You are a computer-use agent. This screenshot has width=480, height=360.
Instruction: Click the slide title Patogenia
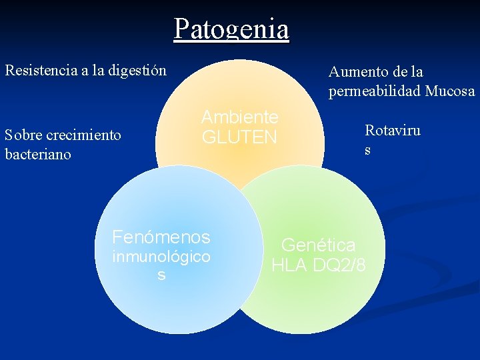coord(231,29)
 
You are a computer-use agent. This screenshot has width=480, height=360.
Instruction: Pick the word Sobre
coord(21,135)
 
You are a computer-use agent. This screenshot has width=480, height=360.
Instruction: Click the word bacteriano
coord(37,154)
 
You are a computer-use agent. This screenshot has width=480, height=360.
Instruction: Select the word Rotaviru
coord(392,130)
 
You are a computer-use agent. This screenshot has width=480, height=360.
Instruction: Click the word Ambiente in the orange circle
coord(239,117)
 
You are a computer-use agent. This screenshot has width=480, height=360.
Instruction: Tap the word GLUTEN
coord(239,137)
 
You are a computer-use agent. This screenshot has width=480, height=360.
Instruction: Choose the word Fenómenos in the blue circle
coord(161,237)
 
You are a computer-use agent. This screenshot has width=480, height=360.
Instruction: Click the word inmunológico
coord(161,257)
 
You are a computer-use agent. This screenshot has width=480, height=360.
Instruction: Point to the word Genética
coord(318,245)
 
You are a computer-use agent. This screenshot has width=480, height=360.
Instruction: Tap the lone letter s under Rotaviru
coord(367,150)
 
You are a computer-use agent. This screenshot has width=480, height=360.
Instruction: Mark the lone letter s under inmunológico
coord(161,275)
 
